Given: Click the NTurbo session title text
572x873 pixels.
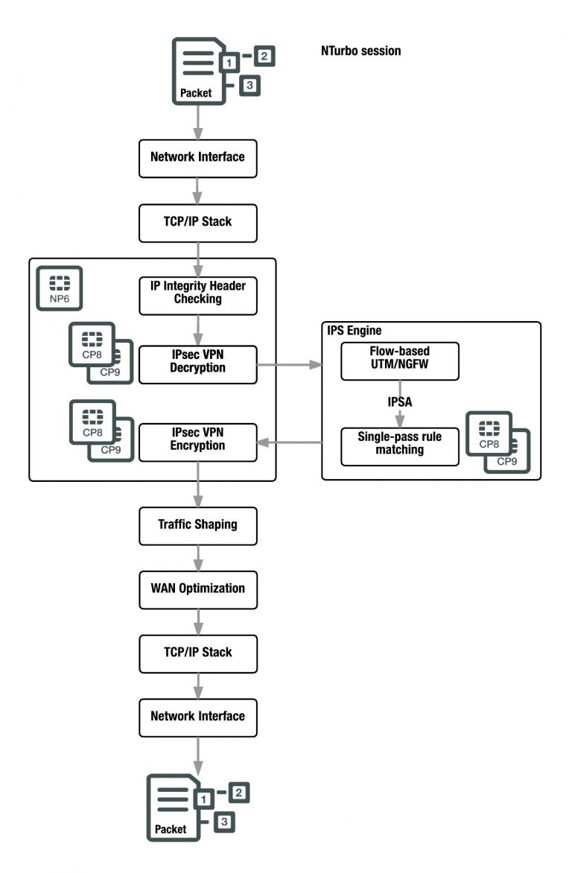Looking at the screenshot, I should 360,51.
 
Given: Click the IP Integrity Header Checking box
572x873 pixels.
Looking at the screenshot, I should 197,291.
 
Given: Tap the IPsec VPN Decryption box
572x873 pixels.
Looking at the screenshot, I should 197,364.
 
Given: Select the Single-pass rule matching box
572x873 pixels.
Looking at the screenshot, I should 399,444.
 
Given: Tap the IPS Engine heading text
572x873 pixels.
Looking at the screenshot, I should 355,328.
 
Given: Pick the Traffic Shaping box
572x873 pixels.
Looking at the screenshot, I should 197,524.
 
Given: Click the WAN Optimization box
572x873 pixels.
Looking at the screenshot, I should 197,588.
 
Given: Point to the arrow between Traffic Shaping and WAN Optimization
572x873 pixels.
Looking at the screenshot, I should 197,556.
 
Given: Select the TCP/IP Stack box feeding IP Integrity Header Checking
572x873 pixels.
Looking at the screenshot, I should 197,221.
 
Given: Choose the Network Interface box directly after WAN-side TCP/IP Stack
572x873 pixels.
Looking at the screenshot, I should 197,717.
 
